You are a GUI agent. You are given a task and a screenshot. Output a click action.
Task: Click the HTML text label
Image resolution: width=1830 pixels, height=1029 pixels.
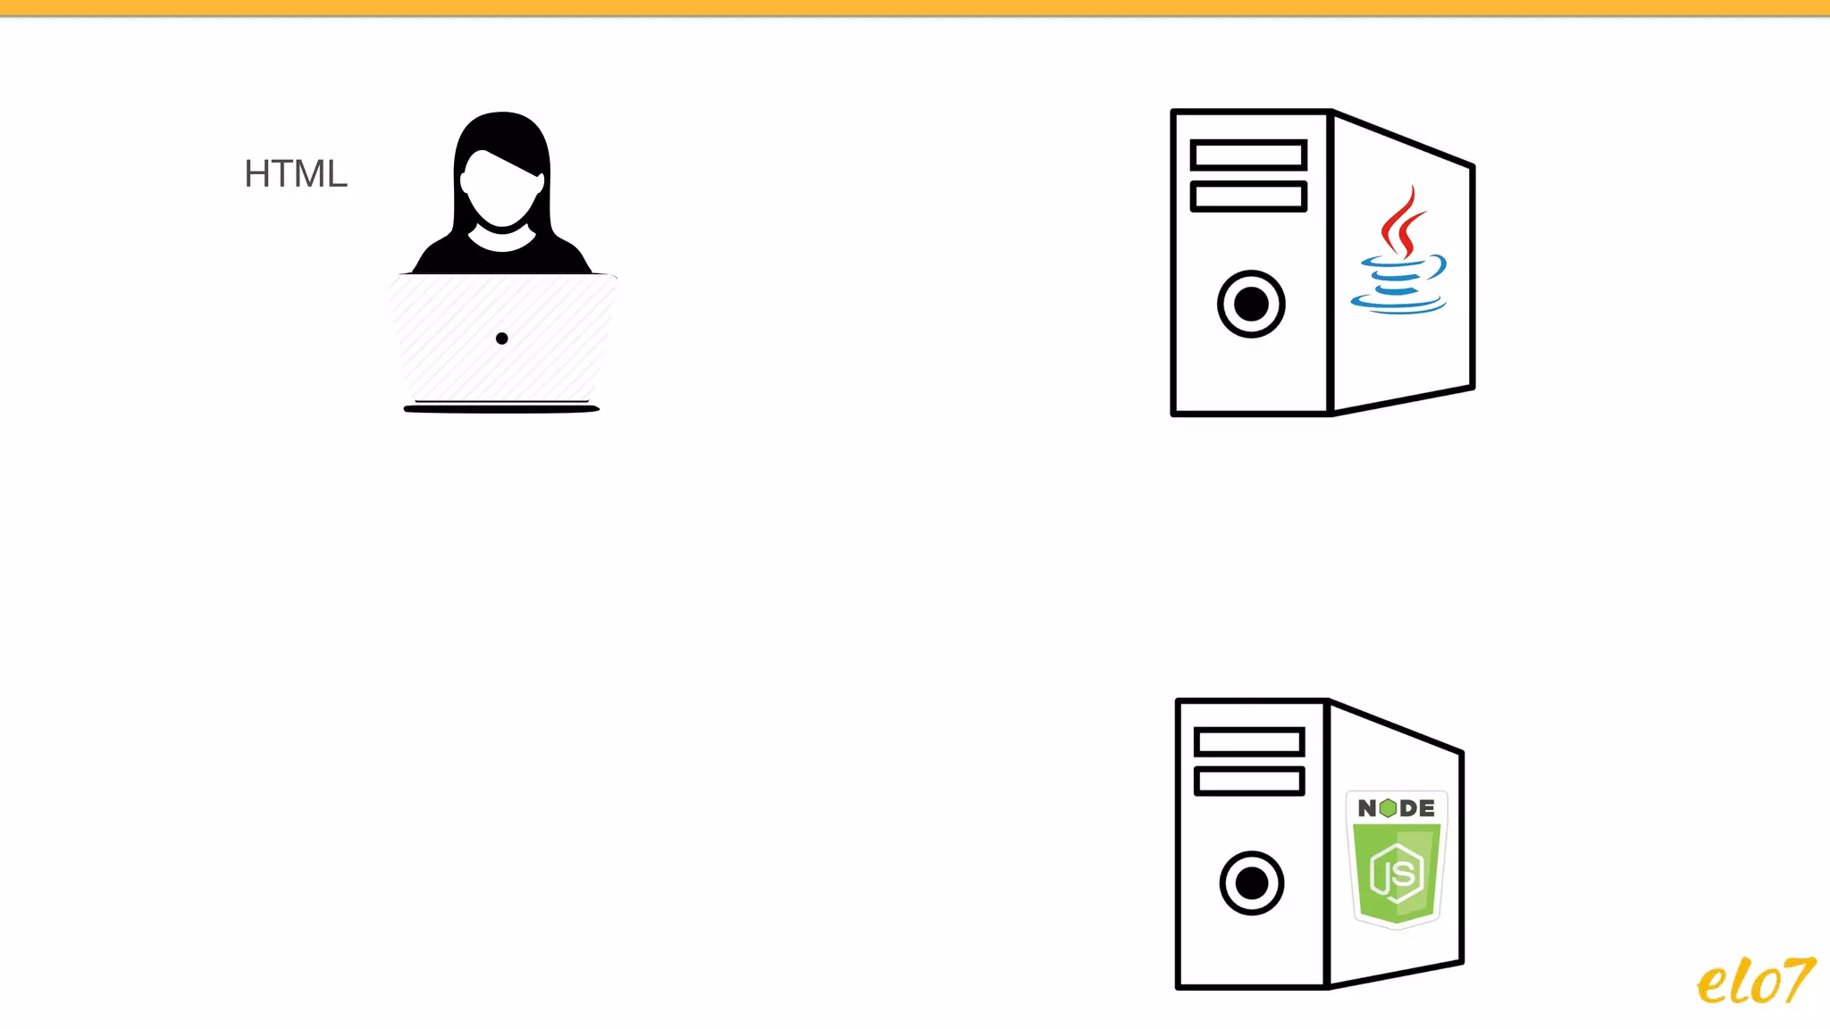coord(296,174)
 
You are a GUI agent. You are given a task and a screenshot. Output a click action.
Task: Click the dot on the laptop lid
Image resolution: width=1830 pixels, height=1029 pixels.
coord(502,339)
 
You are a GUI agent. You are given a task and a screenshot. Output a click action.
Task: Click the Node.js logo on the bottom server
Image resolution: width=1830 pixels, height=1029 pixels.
coord(1397,859)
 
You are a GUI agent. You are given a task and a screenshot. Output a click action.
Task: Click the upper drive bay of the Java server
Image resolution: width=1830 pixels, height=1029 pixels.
coord(1248,155)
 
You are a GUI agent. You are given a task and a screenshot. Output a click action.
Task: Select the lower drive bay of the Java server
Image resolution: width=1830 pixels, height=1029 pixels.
coord(1248,197)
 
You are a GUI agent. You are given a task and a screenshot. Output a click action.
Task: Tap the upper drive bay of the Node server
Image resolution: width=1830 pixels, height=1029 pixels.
coord(1249,742)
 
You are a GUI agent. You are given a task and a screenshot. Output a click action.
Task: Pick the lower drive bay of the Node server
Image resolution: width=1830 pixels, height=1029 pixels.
coord(1249,782)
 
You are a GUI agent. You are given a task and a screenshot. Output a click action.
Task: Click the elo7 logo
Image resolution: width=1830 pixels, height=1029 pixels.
coord(1755,981)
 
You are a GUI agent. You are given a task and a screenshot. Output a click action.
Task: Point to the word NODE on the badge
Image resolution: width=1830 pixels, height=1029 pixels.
coord(1397,808)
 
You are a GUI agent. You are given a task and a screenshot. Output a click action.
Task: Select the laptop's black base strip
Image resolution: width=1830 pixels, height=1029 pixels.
coord(501,409)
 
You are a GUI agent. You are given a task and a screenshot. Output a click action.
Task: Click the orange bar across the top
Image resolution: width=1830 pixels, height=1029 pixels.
coord(915,7)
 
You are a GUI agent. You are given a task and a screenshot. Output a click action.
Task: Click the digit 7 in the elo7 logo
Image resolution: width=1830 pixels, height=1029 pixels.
coord(1797,978)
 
